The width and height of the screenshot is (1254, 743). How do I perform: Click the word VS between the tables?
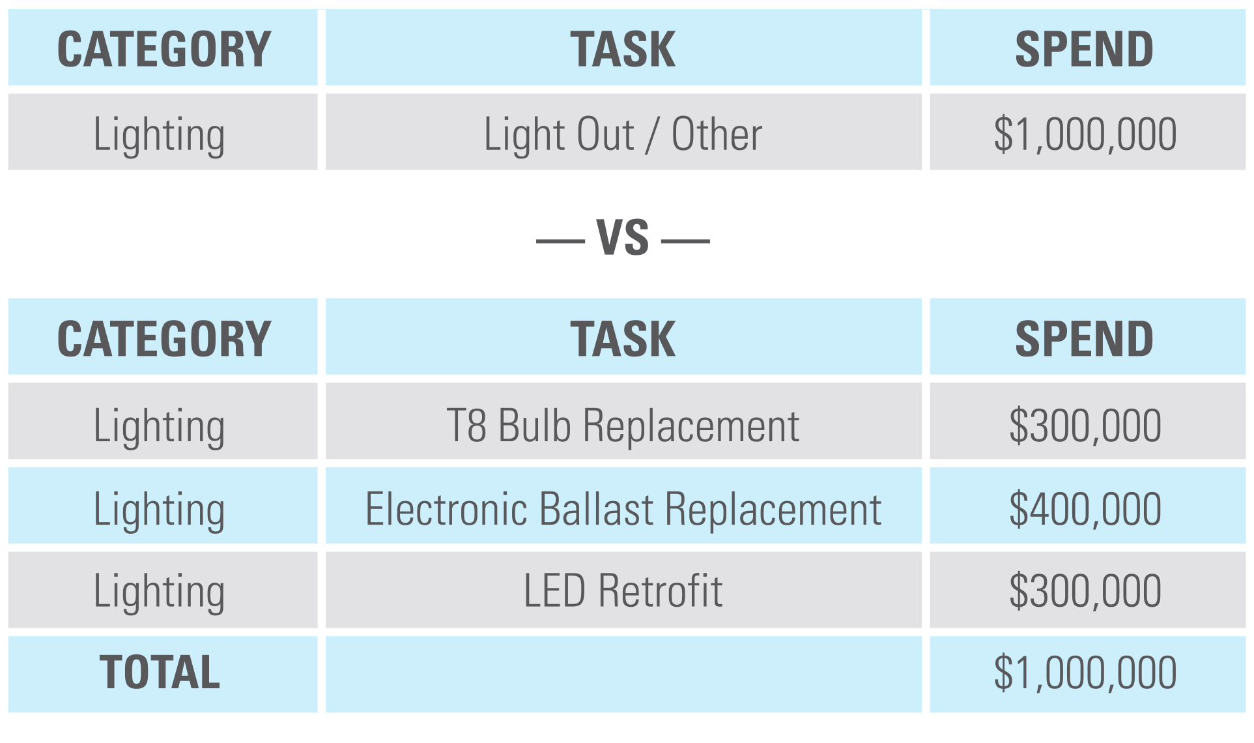click(x=623, y=238)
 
